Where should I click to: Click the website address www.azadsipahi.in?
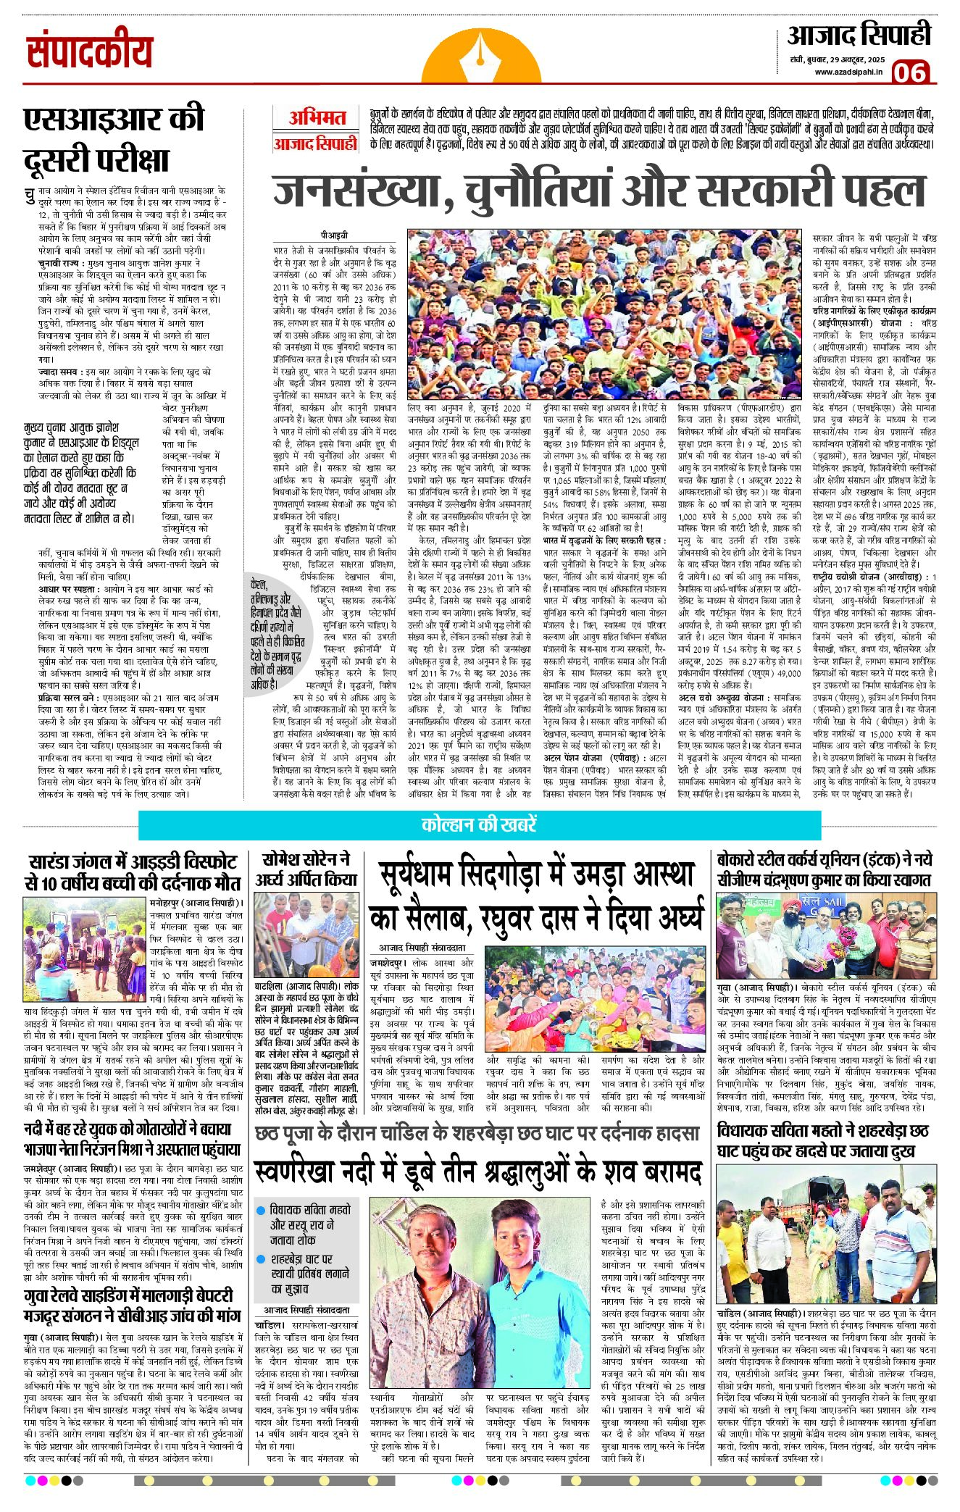(x=848, y=71)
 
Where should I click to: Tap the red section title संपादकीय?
(x=90, y=52)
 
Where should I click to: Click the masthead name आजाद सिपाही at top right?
(x=859, y=34)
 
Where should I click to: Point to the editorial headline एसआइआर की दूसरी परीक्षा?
(x=114, y=138)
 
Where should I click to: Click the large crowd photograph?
(x=604, y=314)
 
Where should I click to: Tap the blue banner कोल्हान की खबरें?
(x=479, y=825)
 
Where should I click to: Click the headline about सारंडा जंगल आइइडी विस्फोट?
(x=132, y=872)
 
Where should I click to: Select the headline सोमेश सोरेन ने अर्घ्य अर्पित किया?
(x=306, y=869)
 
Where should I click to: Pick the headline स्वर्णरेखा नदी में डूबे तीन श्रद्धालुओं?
(x=479, y=1171)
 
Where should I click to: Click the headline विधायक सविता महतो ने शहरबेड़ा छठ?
(x=822, y=1140)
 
